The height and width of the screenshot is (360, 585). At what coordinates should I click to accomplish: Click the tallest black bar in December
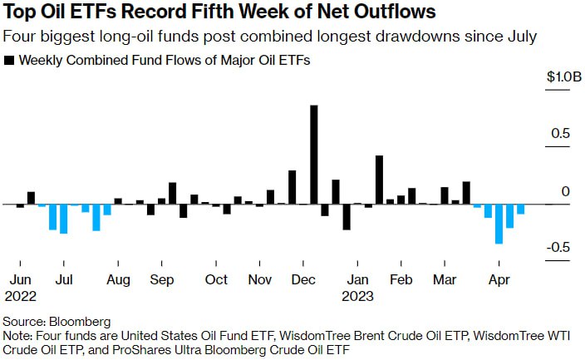314,155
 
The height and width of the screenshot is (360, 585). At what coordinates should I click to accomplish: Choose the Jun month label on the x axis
20,280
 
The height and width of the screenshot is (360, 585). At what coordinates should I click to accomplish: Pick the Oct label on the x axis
216,280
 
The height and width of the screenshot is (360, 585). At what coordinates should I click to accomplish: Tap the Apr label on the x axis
499,280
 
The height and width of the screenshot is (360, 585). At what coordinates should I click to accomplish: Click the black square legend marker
10,61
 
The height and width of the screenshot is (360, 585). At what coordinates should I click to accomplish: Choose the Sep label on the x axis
161,280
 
